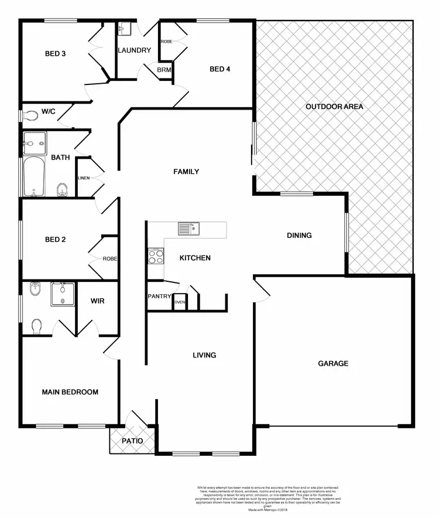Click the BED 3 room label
coord(55,54)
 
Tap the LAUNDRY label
coord(134,50)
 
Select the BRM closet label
coord(163,70)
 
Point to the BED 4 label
coord(220,69)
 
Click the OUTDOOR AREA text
coord(334,107)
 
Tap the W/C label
coord(47,111)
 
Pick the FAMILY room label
coord(186,172)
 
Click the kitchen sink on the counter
coord(189,228)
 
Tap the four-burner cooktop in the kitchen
coord(156,257)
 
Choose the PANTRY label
coord(159,297)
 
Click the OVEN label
coord(180,302)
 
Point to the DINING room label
coord(299,236)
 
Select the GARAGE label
coord(333,363)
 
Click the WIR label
coord(97,301)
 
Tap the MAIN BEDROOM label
coord(70,392)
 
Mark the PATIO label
coord(132,441)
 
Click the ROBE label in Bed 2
coord(110,258)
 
